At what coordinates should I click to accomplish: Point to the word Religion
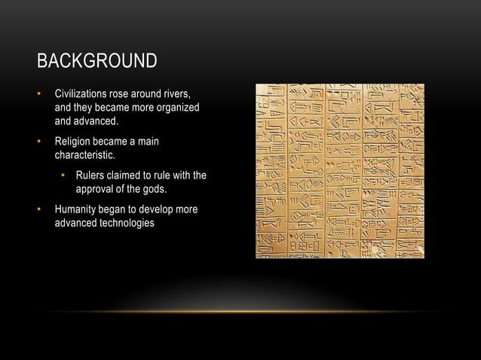coord(73,142)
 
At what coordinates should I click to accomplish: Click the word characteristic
coord(85,156)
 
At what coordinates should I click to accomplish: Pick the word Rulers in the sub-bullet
coord(90,175)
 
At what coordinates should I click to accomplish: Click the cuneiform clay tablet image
coord(339,171)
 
